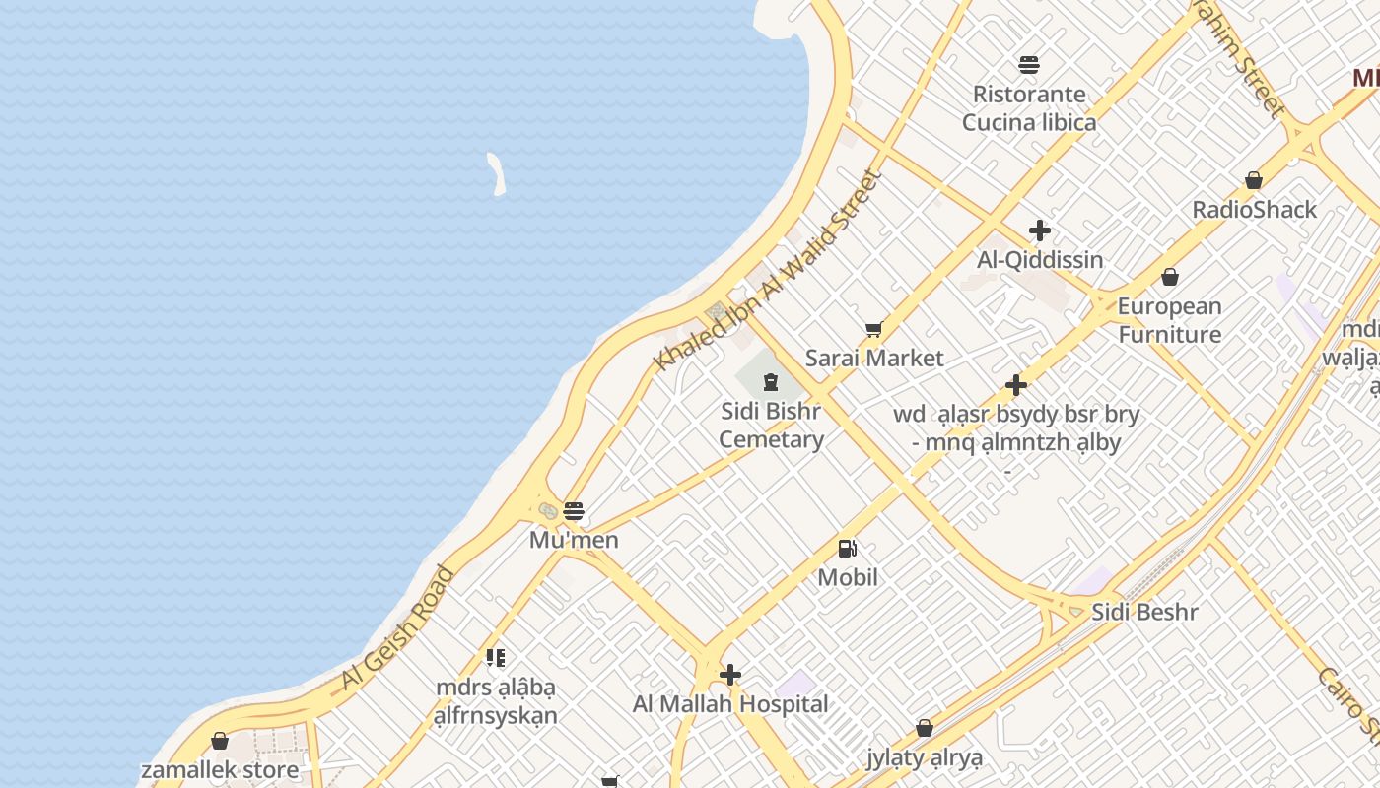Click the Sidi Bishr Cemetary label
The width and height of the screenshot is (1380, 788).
[771, 425]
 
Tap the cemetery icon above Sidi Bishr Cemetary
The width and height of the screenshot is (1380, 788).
[771, 381]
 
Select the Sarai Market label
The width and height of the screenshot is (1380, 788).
[874, 358]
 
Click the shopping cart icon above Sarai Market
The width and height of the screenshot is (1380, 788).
[873, 329]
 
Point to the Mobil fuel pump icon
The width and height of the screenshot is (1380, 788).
[847, 549]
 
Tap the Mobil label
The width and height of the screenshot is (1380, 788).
[848, 577]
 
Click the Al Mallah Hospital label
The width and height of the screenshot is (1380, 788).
[730, 704]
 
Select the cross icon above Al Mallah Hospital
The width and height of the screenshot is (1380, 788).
[730, 675]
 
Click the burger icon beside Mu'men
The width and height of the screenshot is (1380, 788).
[574, 511]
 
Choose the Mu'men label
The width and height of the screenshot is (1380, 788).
[574, 540]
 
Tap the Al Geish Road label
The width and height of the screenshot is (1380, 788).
[398, 627]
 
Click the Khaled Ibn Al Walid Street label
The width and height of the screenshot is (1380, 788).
[767, 271]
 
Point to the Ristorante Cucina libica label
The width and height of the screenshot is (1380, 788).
[1029, 108]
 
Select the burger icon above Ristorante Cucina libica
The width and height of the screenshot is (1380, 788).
[1029, 65]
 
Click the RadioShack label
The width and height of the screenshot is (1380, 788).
[1254, 210]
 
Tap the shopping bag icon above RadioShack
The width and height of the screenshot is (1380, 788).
[1254, 180]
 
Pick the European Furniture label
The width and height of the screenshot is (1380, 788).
[1170, 320]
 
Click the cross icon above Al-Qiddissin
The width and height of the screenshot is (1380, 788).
[1040, 231]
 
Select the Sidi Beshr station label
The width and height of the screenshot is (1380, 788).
[1144, 612]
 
